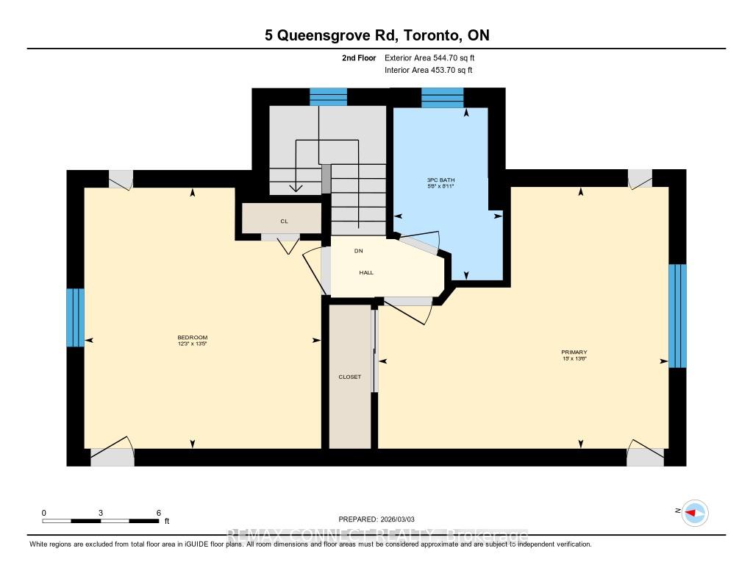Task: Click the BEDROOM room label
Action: pyautogui.click(x=193, y=338)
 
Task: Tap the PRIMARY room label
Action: pyautogui.click(x=574, y=352)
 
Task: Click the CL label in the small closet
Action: pyautogui.click(x=283, y=220)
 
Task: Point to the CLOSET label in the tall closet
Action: pyautogui.click(x=349, y=377)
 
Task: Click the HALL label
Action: pyautogui.click(x=366, y=272)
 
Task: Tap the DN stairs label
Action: pyautogui.click(x=359, y=251)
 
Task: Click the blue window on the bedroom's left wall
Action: pyautogui.click(x=75, y=317)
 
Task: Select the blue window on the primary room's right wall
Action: pyautogui.click(x=677, y=316)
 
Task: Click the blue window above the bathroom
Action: pyautogui.click(x=443, y=97)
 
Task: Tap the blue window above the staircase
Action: pyautogui.click(x=328, y=96)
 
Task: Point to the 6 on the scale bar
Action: pyautogui.click(x=158, y=512)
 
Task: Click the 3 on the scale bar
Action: pyautogui.click(x=100, y=512)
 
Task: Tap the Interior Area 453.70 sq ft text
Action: pyautogui.click(x=429, y=71)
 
